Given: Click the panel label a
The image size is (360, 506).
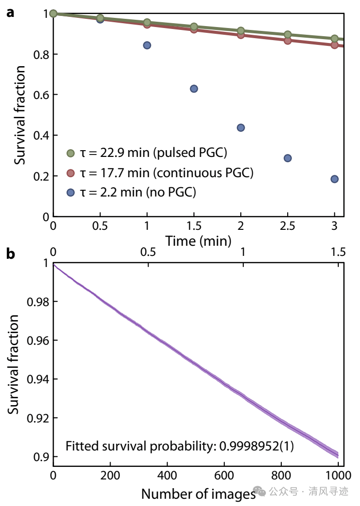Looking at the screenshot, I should pyautogui.click(x=10, y=13).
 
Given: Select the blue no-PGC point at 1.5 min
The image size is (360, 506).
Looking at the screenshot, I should pyautogui.click(x=194, y=89).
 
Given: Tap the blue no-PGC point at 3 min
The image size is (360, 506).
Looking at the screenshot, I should pyautogui.click(x=334, y=179).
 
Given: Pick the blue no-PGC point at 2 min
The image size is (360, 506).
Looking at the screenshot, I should pyautogui.click(x=241, y=127).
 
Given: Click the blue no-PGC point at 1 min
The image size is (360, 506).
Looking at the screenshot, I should pyautogui.click(x=147, y=45).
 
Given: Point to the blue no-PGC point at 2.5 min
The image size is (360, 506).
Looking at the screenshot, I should pyautogui.click(x=288, y=158).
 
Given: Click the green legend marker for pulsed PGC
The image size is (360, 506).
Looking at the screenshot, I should pyautogui.click(x=70, y=154).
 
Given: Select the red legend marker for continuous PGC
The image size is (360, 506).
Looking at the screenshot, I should pyautogui.click(x=70, y=173).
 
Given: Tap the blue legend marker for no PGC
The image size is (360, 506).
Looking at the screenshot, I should pyautogui.click(x=70, y=192).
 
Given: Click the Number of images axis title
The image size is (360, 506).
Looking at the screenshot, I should pyautogui.click(x=198, y=493).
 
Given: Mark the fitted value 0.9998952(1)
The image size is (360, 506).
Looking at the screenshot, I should pyautogui.click(x=257, y=446).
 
